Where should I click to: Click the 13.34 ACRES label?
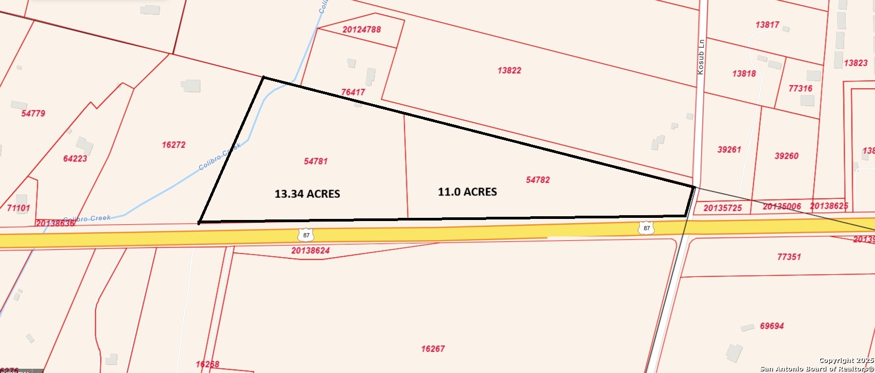click(x=307, y=194)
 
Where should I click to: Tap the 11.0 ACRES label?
click(x=467, y=192)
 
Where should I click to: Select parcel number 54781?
click(x=315, y=161)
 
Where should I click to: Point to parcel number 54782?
click(x=538, y=180)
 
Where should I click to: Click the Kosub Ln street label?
click(x=701, y=56)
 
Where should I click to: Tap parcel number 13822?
click(x=509, y=70)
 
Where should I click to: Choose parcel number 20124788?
click(x=362, y=30)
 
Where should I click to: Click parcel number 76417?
click(x=353, y=92)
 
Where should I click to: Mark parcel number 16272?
click(x=174, y=145)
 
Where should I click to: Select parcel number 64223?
click(x=75, y=158)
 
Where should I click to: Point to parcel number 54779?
click(x=33, y=113)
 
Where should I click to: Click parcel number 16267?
click(x=432, y=349)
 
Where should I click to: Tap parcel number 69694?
click(x=772, y=326)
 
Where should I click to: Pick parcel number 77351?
click(x=789, y=257)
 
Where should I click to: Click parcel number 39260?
click(x=786, y=156)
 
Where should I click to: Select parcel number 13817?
click(x=767, y=25)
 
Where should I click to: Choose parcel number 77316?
click(x=800, y=89)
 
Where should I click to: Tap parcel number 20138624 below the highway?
click(x=311, y=250)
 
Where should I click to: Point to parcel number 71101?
click(x=19, y=208)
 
